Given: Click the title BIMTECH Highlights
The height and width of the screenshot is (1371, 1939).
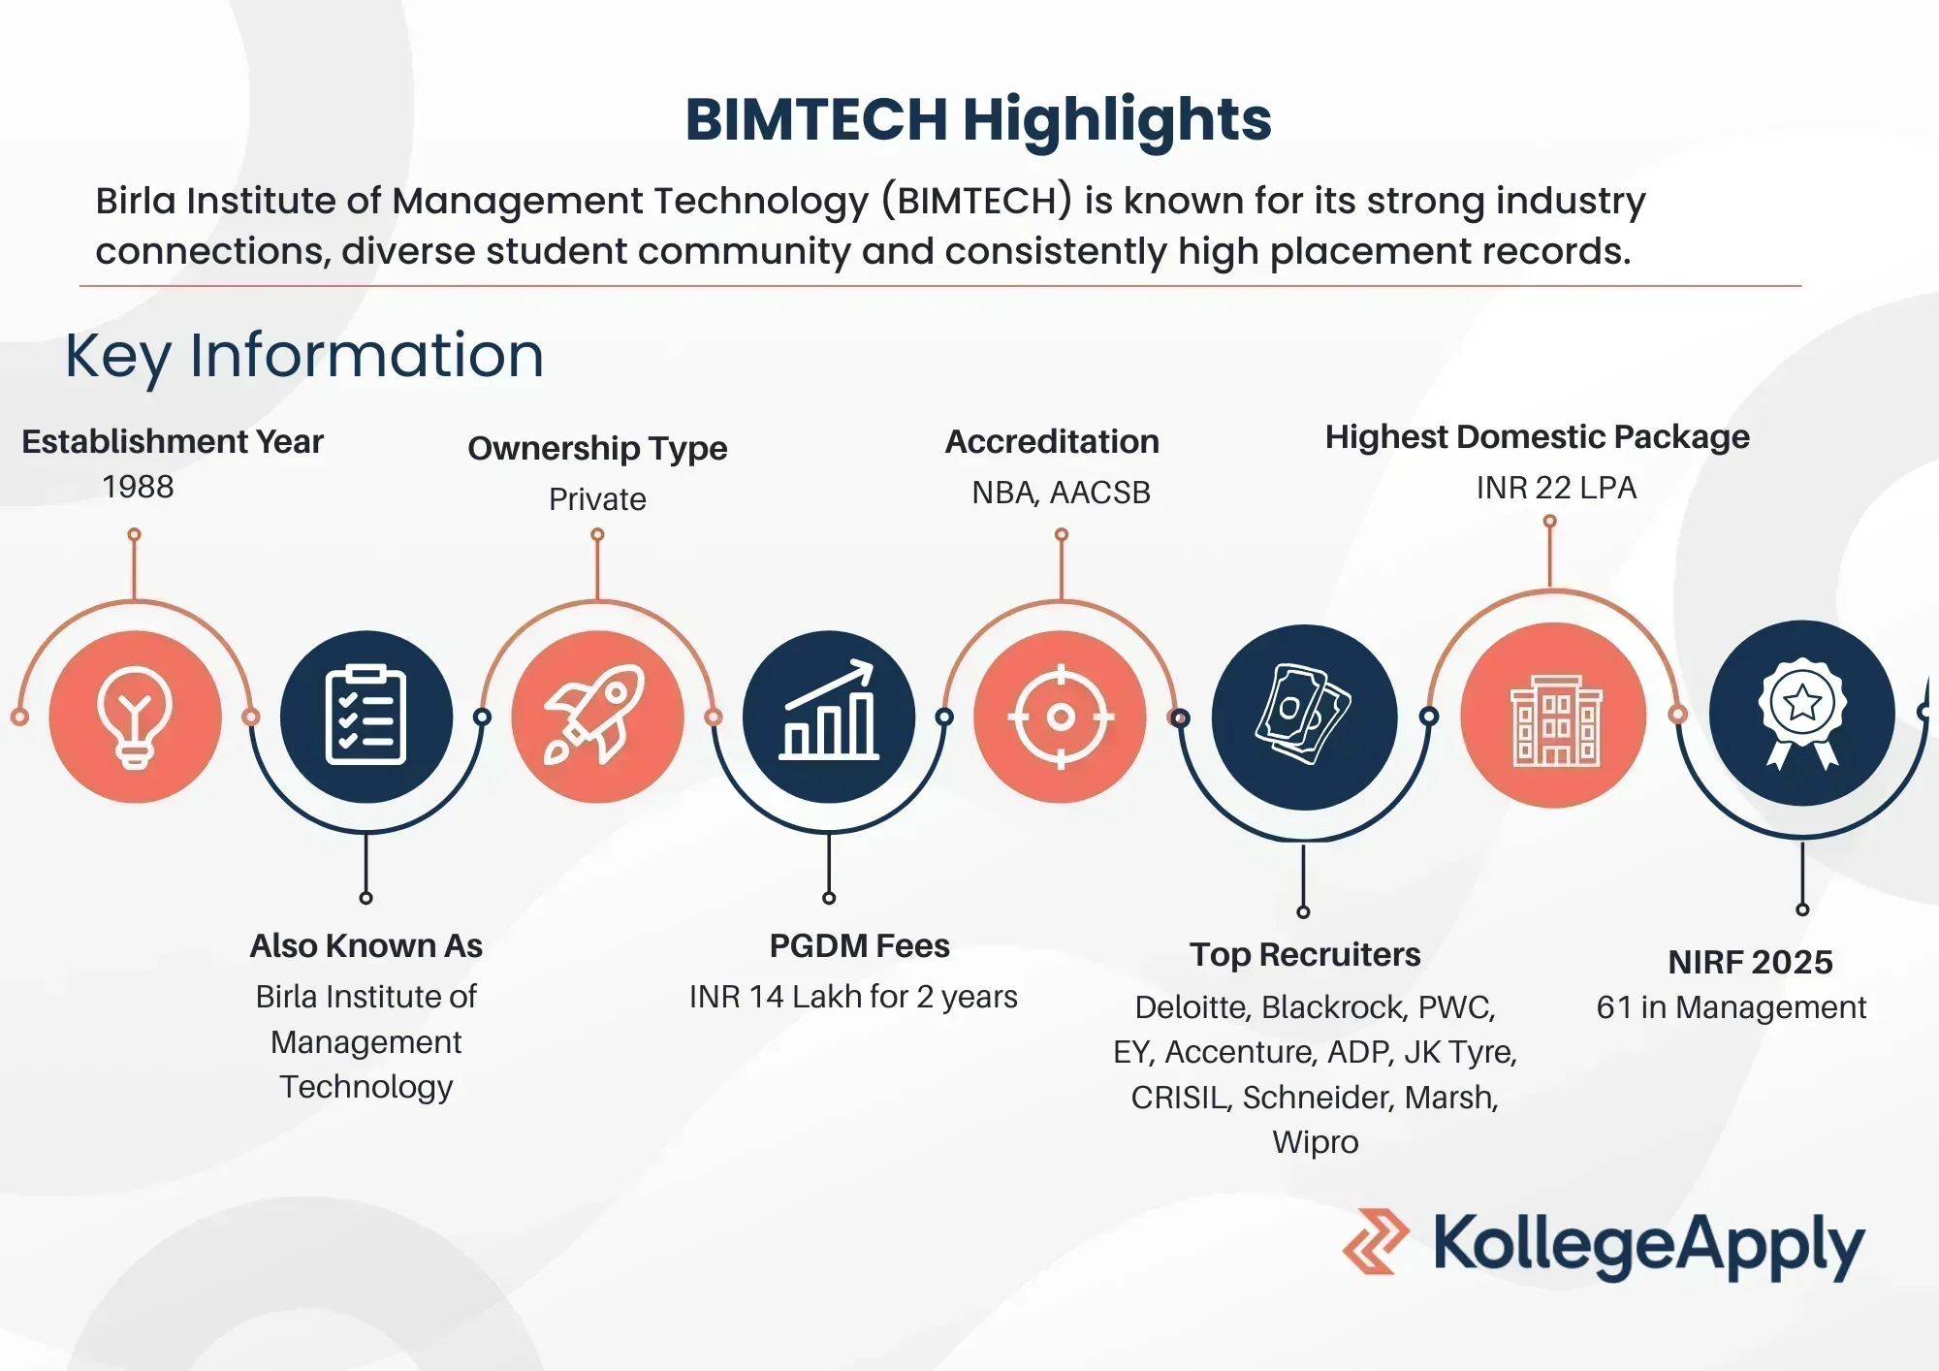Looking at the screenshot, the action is pyautogui.click(x=978, y=120).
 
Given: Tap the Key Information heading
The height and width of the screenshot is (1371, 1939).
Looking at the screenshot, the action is pyautogui.click(x=304, y=356).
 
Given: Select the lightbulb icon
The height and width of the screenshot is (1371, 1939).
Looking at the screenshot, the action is pyautogui.click(x=135, y=717).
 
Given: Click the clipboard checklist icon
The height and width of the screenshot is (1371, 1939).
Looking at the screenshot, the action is pyautogui.click(x=366, y=716).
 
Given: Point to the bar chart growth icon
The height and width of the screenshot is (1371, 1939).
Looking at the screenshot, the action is pyautogui.click(x=829, y=710).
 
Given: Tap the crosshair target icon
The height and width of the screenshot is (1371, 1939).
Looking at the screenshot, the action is pyautogui.click(x=1061, y=717).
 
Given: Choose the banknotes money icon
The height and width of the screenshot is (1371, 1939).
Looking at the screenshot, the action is pyautogui.click(x=1304, y=714).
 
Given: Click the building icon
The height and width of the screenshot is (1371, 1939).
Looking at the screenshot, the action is pyautogui.click(x=1555, y=719).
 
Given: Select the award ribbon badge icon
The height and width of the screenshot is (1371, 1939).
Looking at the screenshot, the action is pyautogui.click(x=1802, y=713).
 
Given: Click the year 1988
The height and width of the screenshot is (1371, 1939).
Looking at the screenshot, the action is pyautogui.click(x=138, y=487).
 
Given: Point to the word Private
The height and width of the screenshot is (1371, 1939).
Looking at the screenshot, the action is pyautogui.click(x=597, y=499).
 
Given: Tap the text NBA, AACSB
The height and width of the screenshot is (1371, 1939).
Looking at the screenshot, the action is pyautogui.click(x=1061, y=493).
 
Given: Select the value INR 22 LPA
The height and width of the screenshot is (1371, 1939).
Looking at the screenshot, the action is pyautogui.click(x=1556, y=487).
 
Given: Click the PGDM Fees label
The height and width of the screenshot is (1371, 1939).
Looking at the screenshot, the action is pyautogui.click(x=859, y=945).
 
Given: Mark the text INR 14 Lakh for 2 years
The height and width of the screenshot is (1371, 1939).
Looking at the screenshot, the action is pyautogui.click(x=853, y=997).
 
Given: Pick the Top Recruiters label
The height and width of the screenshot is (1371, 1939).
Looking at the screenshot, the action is pyautogui.click(x=1305, y=955).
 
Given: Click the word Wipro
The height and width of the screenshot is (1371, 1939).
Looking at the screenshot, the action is pyautogui.click(x=1315, y=1142).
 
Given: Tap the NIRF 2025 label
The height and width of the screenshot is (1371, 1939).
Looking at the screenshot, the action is pyautogui.click(x=1750, y=962).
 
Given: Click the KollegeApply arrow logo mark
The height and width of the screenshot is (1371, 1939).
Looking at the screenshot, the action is pyautogui.click(x=1376, y=1241).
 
